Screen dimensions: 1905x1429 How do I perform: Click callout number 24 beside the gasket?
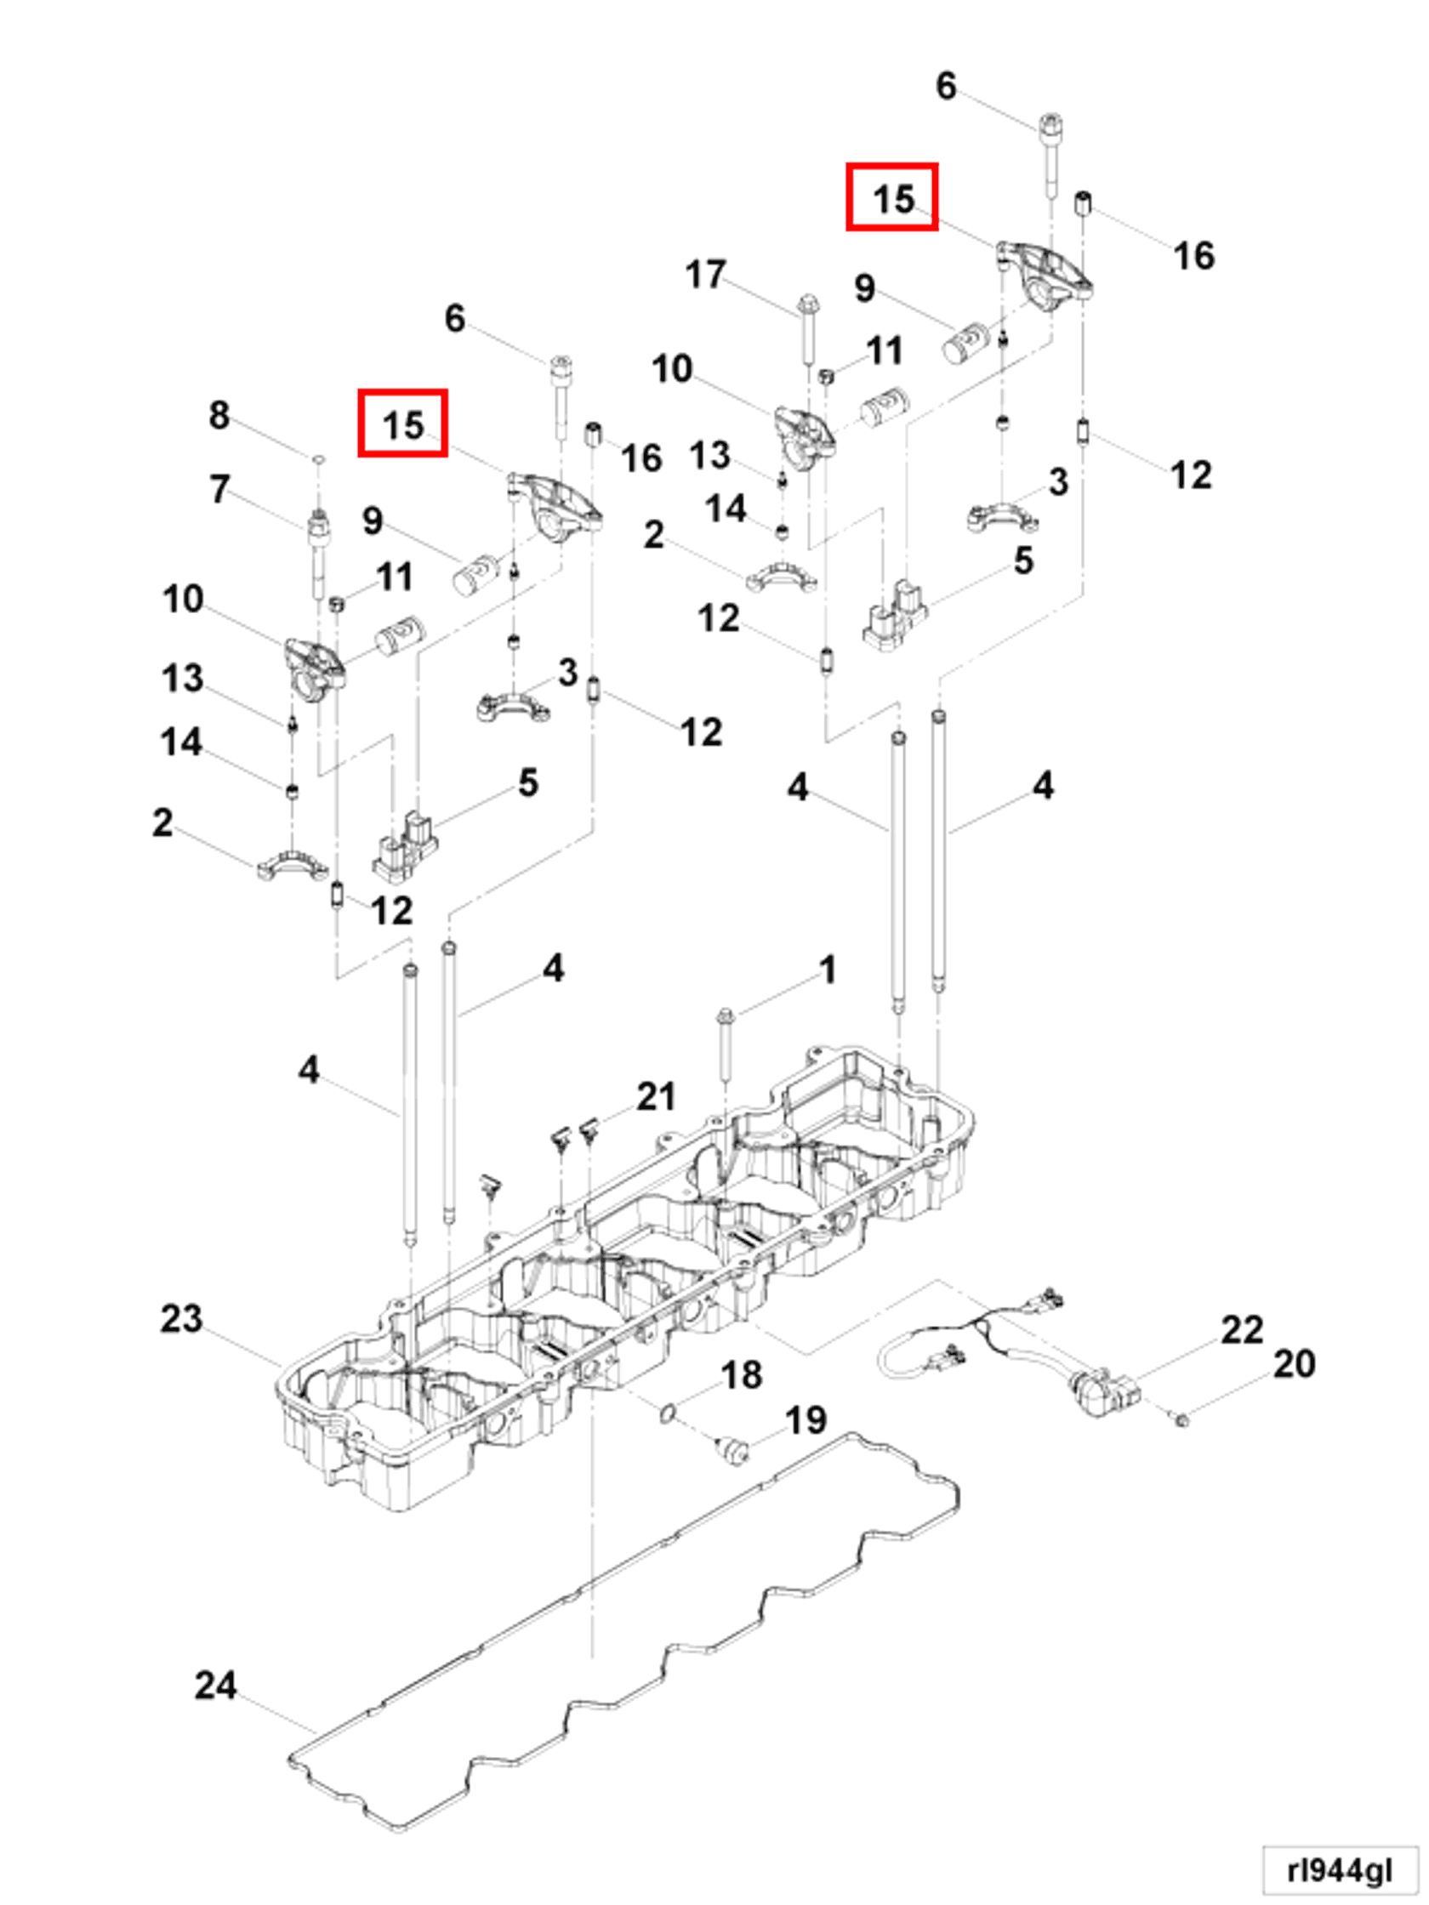click(x=215, y=1685)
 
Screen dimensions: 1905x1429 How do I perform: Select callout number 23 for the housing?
click(x=182, y=1318)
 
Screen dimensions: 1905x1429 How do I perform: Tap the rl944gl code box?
click(x=1339, y=1869)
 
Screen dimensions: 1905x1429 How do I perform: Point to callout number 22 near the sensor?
click(x=1241, y=1331)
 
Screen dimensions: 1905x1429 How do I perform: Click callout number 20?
click(x=1294, y=1364)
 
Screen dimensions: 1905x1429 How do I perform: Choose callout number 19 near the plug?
click(x=806, y=1420)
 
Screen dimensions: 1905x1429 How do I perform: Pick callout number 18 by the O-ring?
click(x=741, y=1374)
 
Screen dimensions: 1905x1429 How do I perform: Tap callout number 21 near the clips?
click(x=656, y=1096)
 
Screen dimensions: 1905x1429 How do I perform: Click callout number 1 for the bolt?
click(x=828, y=970)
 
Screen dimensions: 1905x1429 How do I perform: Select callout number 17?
click(x=705, y=275)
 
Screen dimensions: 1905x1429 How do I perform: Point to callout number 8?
click(x=219, y=415)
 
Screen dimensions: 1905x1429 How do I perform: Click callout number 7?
click(x=219, y=488)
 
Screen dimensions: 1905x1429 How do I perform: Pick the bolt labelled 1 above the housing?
click(x=726, y=1045)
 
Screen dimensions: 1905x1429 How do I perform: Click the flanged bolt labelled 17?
click(x=808, y=331)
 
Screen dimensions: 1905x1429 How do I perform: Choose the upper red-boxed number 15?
click(x=892, y=197)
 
